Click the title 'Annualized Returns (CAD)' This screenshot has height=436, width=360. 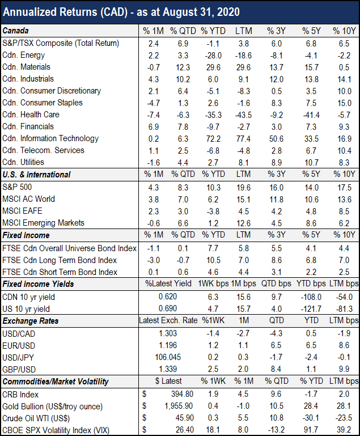[x=65, y=12]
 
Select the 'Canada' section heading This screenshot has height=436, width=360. [x=15, y=31]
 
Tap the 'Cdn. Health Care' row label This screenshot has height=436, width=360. [x=31, y=115]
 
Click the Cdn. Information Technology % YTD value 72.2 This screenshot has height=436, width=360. [x=213, y=139]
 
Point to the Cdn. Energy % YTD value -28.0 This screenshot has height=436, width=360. [x=213, y=56]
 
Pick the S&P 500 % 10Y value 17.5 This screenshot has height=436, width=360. [x=344, y=188]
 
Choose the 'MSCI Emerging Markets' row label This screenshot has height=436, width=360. [x=43, y=223]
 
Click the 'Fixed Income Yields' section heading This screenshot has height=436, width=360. [x=39, y=284]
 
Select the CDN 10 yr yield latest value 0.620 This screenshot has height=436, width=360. [x=168, y=297]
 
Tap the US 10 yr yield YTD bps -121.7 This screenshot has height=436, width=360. [x=311, y=309]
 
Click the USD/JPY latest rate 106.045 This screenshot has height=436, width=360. [x=168, y=357]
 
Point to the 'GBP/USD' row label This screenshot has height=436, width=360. [x=19, y=370]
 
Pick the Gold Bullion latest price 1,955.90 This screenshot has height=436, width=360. [x=179, y=406]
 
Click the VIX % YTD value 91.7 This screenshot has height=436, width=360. [x=311, y=430]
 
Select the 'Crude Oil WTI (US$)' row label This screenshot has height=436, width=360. [x=36, y=418]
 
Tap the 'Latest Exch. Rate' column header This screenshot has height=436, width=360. [x=168, y=320]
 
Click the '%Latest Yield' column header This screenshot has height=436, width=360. [x=168, y=283]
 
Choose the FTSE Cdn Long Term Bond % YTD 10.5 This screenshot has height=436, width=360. [x=213, y=260]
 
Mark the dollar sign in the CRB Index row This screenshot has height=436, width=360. [x=144, y=394]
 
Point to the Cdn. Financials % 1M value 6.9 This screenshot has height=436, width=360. [x=154, y=127]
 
